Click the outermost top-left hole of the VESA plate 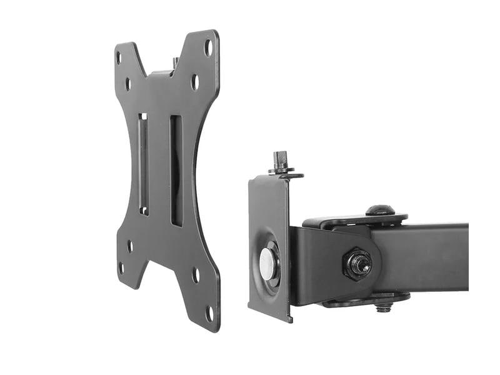click(119, 57)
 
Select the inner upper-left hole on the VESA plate click(128, 82)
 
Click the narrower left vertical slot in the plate click(143, 164)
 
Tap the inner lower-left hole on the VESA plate click(130, 246)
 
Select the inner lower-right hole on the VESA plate click(196, 274)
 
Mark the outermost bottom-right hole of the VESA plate click(209, 311)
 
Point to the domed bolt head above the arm click(379, 210)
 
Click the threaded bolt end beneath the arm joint click(382, 306)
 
